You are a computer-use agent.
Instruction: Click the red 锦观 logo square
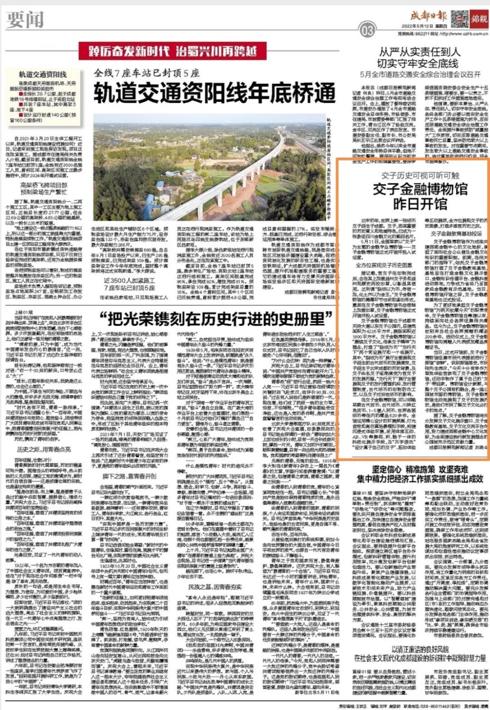tap(479, 19)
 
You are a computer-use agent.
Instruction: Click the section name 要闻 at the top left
tap(25, 19)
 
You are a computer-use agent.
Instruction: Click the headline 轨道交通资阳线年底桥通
tap(214, 94)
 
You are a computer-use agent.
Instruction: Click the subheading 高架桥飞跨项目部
tap(44, 185)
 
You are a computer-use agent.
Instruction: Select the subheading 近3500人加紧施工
tap(129, 281)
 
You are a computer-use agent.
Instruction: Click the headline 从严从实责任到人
tap(419, 52)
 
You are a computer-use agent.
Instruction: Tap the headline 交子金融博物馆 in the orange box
tap(420, 188)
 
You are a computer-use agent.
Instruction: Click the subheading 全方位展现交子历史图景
tap(383, 265)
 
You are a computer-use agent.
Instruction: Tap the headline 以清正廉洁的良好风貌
tap(420, 649)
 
